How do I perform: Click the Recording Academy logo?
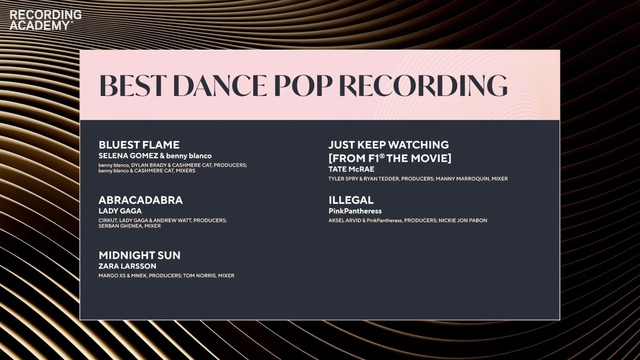coord(46,20)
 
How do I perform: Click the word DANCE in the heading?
coord(220,86)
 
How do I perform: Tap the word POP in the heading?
coord(304,86)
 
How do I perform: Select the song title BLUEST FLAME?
coord(139,145)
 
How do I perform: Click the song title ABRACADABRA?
coord(140,200)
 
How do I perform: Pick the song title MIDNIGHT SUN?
coord(140,255)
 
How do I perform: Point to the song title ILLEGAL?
coord(351,200)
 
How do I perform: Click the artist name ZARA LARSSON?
coord(128,266)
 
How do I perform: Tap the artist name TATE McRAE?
coord(352,169)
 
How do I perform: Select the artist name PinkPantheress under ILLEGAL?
coord(355,211)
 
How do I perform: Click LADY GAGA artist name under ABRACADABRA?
coord(120,211)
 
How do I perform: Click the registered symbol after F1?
coord(382,156)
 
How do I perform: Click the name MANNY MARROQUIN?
coord(462,178)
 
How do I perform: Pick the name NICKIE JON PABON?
coord(463,220)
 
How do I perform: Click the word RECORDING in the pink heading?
coord(424,86)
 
